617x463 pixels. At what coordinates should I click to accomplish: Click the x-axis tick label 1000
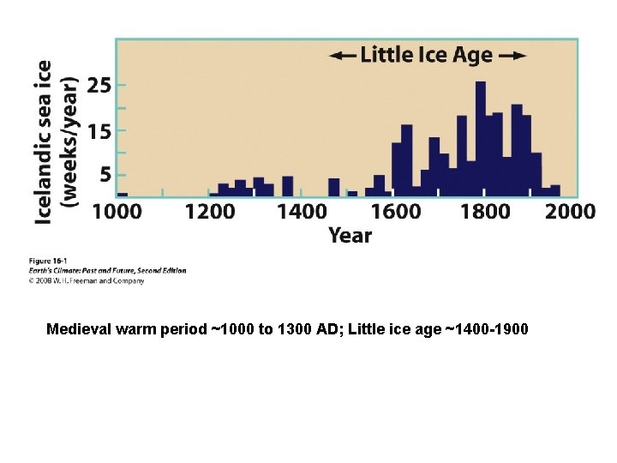117,211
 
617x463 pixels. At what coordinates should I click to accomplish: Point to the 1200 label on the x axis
210,211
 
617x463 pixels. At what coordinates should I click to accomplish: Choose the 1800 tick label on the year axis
486,211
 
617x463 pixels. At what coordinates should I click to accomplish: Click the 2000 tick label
570,211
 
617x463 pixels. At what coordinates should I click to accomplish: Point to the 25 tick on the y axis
99,86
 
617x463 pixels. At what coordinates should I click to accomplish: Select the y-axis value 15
99,131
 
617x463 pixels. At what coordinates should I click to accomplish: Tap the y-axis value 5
104,174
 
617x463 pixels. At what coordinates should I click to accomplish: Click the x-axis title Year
350,235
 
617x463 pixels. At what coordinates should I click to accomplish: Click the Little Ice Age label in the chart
427,56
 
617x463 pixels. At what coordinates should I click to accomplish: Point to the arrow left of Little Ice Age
342,57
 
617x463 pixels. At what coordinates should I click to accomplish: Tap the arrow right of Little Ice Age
512,57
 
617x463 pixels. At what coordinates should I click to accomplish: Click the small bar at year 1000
122,194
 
